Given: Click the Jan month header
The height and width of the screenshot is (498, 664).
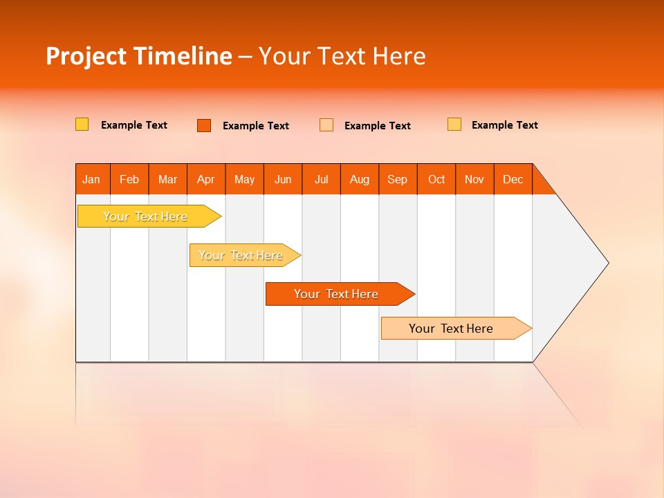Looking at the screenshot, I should tap(92, 179).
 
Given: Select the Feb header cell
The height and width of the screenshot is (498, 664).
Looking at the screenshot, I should tap(129, 179).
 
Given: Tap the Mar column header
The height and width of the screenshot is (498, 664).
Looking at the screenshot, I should tap(167, 179).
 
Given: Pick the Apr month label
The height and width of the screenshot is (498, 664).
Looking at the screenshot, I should tap(206, 179).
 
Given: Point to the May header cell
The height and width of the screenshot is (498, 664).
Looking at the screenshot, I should tap(244, 179).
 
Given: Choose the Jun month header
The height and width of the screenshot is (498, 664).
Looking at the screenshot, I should tap(283, 179).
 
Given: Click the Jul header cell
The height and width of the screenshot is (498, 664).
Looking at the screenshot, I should tap(321, 179).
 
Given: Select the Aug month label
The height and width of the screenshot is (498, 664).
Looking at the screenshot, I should tap(360, 179).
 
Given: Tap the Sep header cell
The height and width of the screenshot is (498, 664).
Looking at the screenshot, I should tap(398, 179).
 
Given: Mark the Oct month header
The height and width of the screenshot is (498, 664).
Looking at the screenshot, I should tap(436, 179).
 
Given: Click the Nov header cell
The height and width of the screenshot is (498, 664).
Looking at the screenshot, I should tap(474, 179).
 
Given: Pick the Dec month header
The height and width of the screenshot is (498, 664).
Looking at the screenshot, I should tap(513, 179).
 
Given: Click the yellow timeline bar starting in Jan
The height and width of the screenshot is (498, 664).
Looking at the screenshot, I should tap(146, 216).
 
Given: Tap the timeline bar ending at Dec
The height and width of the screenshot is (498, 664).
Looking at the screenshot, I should tap(452, 329).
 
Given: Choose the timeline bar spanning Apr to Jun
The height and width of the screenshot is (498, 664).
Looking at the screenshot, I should tap(241, 255).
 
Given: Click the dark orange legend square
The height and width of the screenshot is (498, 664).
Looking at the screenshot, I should tap(204, 125).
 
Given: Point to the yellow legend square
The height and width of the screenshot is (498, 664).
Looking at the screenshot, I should tap(82, 124).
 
